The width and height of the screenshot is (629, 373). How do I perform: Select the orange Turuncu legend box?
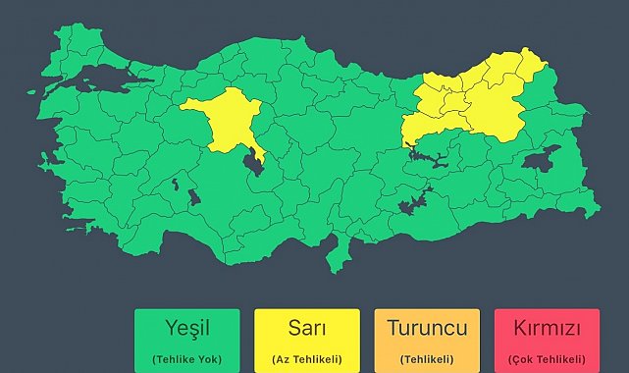(427, 340)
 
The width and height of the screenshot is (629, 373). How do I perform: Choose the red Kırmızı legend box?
(547, 340)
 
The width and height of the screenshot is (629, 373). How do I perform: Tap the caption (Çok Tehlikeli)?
(547, 359)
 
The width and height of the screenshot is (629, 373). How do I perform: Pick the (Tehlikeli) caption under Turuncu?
(427, 359)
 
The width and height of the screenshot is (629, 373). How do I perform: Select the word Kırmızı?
(547, 327)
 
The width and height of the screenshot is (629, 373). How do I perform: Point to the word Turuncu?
(427, 327)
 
